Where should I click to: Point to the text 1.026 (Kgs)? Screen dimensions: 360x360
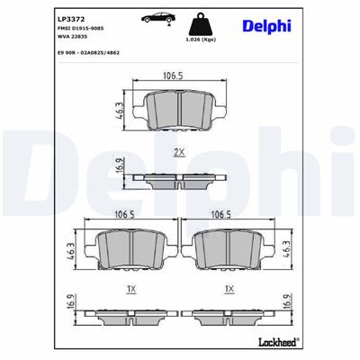pos(201,40)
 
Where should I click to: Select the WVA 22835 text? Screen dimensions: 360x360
pos(75,39)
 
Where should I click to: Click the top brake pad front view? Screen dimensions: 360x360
pos(177,109)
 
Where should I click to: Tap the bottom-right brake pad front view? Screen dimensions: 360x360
pos(230,249)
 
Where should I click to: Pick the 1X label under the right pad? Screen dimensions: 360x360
pos(230,287)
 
